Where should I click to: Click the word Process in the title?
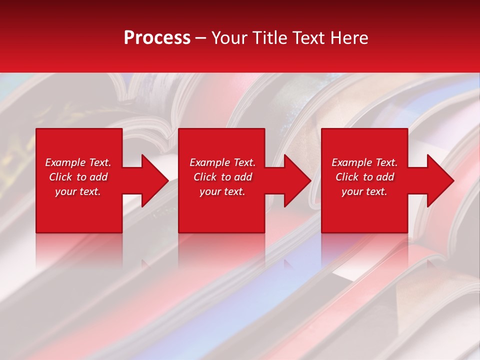pyautogui.click(x=157, y=38)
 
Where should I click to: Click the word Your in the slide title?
pyautogui.click(x=229, y=38)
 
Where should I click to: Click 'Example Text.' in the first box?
pyautogui.click(x=78, y=162)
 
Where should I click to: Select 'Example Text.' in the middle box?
pyautogui.click(x=222, y=162)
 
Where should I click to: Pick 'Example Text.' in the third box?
pyautogui.click(x=364, y=162)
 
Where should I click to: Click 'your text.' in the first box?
pyautogui.click(x=78, y=191)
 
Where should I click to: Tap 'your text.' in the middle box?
pyautogui.click(x=222, y=191)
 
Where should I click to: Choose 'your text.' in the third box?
pyautogui.click(x=364, y=191)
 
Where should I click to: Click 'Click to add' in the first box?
pyautogui.click(x=78, y=177)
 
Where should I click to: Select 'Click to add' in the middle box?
pyautogui.click(x=222, y=177)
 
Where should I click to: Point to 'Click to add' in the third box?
pyautogui.click(x=364, y=177)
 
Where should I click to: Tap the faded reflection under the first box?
pyautogui.click(x=79, y=247)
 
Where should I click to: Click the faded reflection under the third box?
pyautogui.click(x=364, y=247)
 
